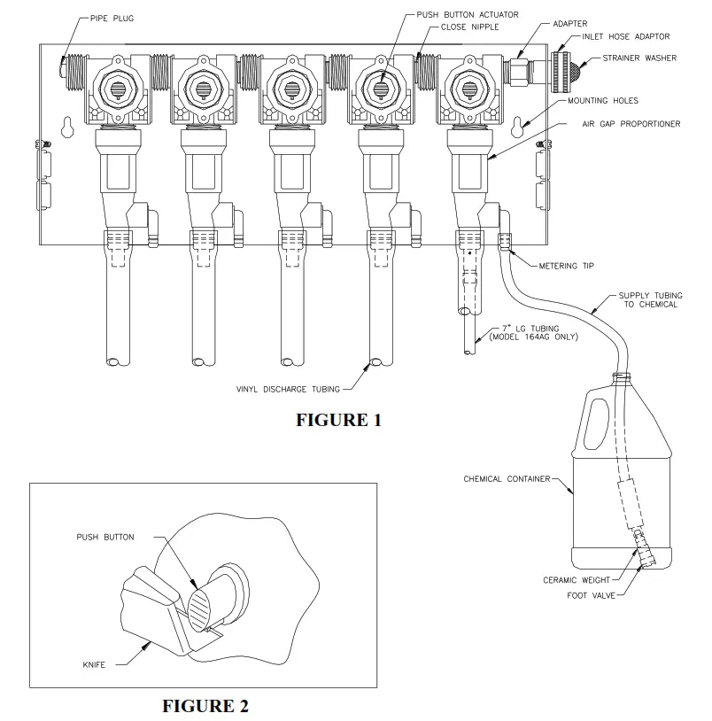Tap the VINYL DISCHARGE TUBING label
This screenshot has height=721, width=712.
pos(286,388)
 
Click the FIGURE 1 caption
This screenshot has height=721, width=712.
pos(338,420)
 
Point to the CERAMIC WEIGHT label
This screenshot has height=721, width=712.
pos(578,580)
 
